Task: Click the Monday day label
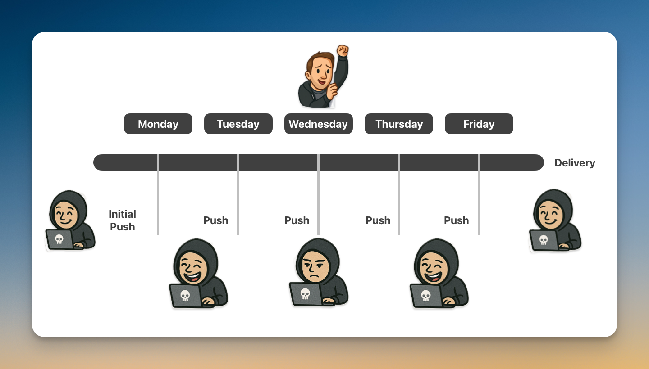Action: [x=158, y=124]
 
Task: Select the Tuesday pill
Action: [x=238, y=124]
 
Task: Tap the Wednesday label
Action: [x=318, y=124]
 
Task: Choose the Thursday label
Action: [x=399, y=124]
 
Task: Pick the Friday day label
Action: [x=479, y=124]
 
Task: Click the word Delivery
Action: [x=575, y=163]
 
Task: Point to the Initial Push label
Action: [x=122, y=220]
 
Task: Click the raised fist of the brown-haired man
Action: [x=343, y=50]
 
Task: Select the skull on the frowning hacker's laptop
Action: [x=305, y=294]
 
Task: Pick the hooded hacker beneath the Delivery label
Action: [x=555, y=220]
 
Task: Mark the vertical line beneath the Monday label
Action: [x=158, y=194]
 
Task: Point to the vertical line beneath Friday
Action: [x=479, y=194]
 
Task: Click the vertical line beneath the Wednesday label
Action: [x=318, y=194]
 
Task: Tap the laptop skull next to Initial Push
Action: [x=59, y=239]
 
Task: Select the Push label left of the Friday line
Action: [x=456, y=220]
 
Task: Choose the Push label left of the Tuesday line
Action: [x=215, y=220]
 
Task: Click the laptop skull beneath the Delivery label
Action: [x=544, y=240]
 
